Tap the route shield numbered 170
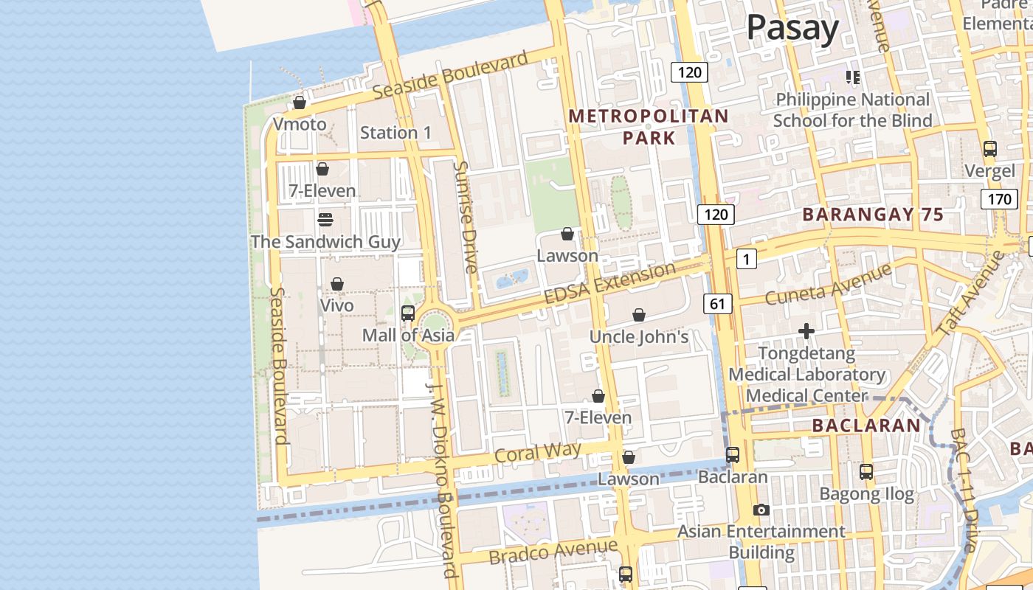(x=999, y=199)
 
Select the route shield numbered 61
(x=718, y=303)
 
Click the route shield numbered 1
(x=747, y=259)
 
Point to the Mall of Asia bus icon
(x=408, y=313)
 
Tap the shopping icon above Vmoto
(x=300, y=103)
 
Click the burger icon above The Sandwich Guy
(x=325, y=220)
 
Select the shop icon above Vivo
(x=337, y=284)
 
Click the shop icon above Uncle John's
(x=639, y=316)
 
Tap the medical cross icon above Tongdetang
(x=806, y=331)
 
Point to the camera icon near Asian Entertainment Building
(x=761, y=510)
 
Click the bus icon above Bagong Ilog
(x=866, y=472)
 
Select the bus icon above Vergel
(x=990, y=149)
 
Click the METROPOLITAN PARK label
(x=649, y=127)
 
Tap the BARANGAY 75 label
(x=873, y=215)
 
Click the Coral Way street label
(x=538, y=451)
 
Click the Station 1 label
(x=395, y=133)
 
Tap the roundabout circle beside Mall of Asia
(x=434, y=324)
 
